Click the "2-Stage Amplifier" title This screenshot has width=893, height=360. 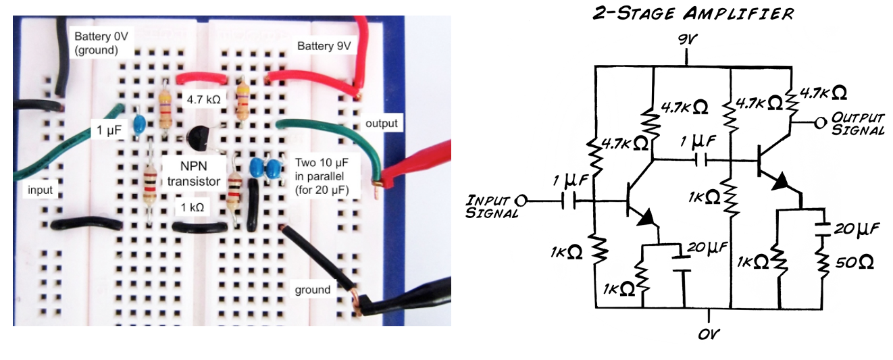(692, 14)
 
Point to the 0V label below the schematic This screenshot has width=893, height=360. (710, 334)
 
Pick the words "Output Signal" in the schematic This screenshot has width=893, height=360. (858, 123)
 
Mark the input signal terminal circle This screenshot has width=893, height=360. (520, 201)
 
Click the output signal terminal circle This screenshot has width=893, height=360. (821, 123)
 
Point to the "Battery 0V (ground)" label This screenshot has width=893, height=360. (96, 42)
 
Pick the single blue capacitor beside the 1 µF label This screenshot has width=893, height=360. (140, 123)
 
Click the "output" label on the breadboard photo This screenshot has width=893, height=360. (381, 124)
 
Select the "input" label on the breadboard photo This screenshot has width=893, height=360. (40, 190)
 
